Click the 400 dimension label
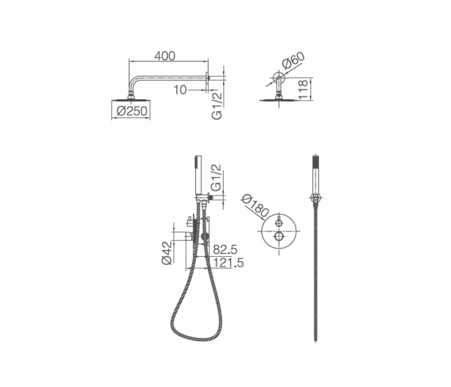pyautogui.click(x=164, y=56)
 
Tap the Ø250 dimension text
pyautogui.click(x=132, y=111)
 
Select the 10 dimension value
pyautogui.click(x=180, y=90)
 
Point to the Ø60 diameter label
pyautogui.click(x=293, y=60)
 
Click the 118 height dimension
pyautogui.click(x=303, y=90)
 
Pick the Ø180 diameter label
pyautogui.click(x=255, y=206)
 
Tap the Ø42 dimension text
pyautogui.click(x=167, y=253)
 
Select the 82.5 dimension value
pyautogui.click(x=225, y=250)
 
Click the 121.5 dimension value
pyautogui.click(x=228, y=263)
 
